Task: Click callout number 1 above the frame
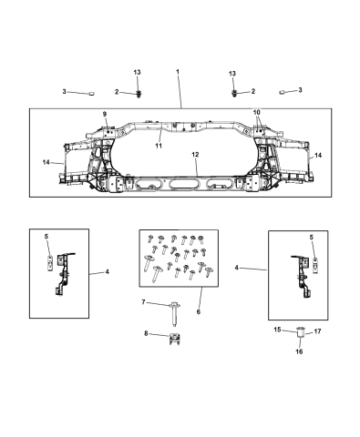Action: pyautogui.click(x=179, y=70)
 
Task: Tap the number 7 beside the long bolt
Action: pyautogui.click(x=143, y=301)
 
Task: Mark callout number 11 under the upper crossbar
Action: pyautogui.click(x=158, y=145)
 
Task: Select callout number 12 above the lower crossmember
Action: pyautogui.click(x=194, y=157)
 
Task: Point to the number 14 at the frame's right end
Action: pyautogui.click(x=318, y=156)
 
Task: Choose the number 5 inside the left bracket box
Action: pyautogui.click(x=47, y=237)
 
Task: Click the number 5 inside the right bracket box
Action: pyautogui.click(x=312, y=237)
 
